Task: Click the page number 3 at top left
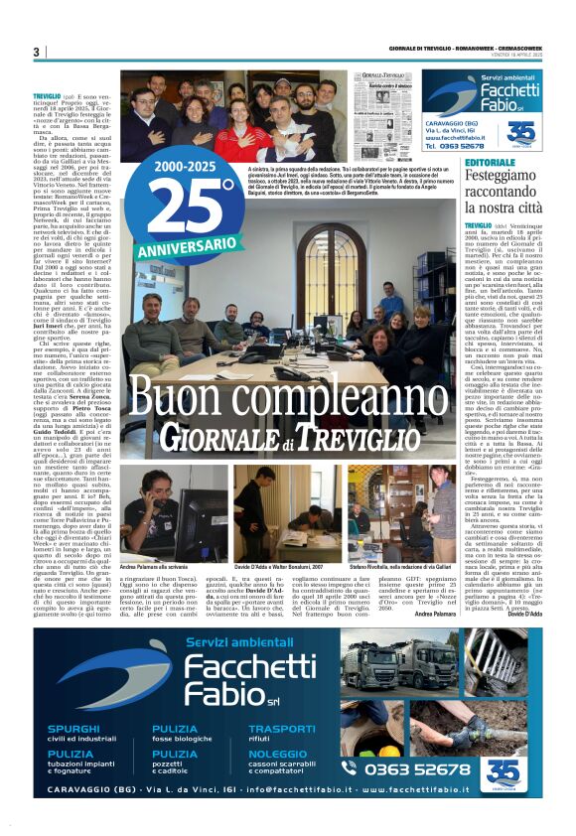coord(35,52)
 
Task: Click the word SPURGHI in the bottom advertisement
coord(73,728)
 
